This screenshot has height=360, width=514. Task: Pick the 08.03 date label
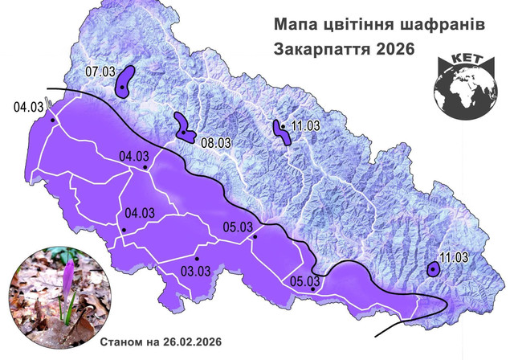click(216, 142)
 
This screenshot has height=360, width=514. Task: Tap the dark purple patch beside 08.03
click(184, 129)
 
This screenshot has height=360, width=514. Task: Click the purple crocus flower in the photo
click(71, 272)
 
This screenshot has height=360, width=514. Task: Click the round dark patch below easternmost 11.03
click(434, 270)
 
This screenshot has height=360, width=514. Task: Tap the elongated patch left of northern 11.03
click(283, 132)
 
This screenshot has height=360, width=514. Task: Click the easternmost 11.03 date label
click(454, 257)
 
